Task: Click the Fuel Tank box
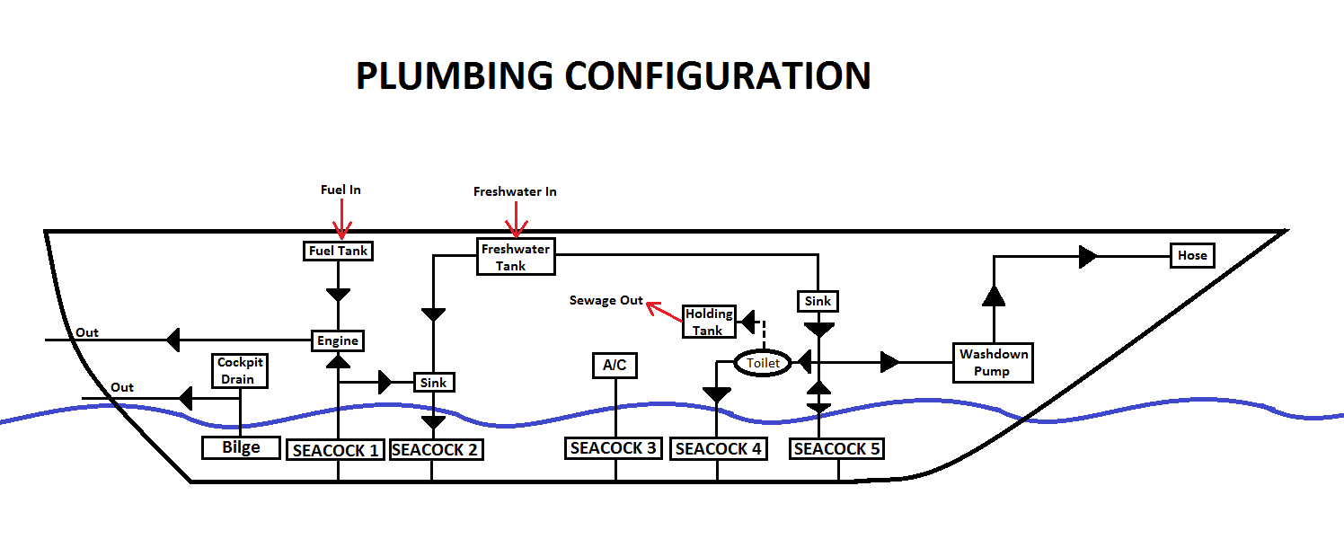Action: (x=339, y=251)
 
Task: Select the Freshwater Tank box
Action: (x=515, y=256)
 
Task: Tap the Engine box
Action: (x=338, y=340)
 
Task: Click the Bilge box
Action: (x=241, y=446)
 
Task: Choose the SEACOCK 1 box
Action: (x=336, y=450)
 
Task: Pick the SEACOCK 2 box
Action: (x=435, y=449)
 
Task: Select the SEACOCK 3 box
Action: (x=614, y=447)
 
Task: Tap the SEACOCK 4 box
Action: (x=719, y=448)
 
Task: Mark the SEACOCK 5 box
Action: (x=836, y=448)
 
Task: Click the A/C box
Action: (x=615, y=366)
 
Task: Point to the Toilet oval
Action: (x=763, y=363)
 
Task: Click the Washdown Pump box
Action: (x=992, y=363)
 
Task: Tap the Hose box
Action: (x=1192, y=255)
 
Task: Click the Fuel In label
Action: (x=340, y=190)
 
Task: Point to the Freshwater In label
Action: (x=515, y=192)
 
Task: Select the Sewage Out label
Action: (x=606, y=300)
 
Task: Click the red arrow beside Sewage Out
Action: (x=664, y=311)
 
